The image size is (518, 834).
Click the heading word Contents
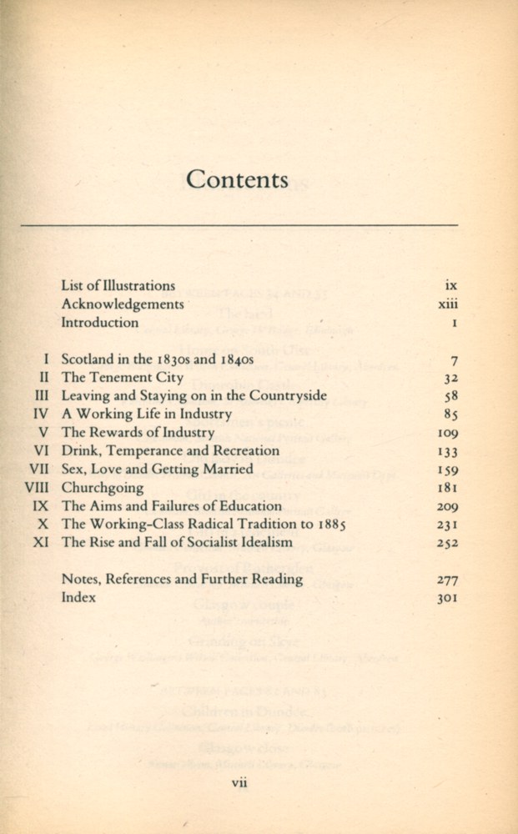238,180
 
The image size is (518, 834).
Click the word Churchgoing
103,488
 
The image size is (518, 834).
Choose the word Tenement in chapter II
123,378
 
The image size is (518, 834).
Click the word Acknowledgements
123,304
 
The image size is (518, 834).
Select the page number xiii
448,304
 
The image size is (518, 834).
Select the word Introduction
100,323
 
